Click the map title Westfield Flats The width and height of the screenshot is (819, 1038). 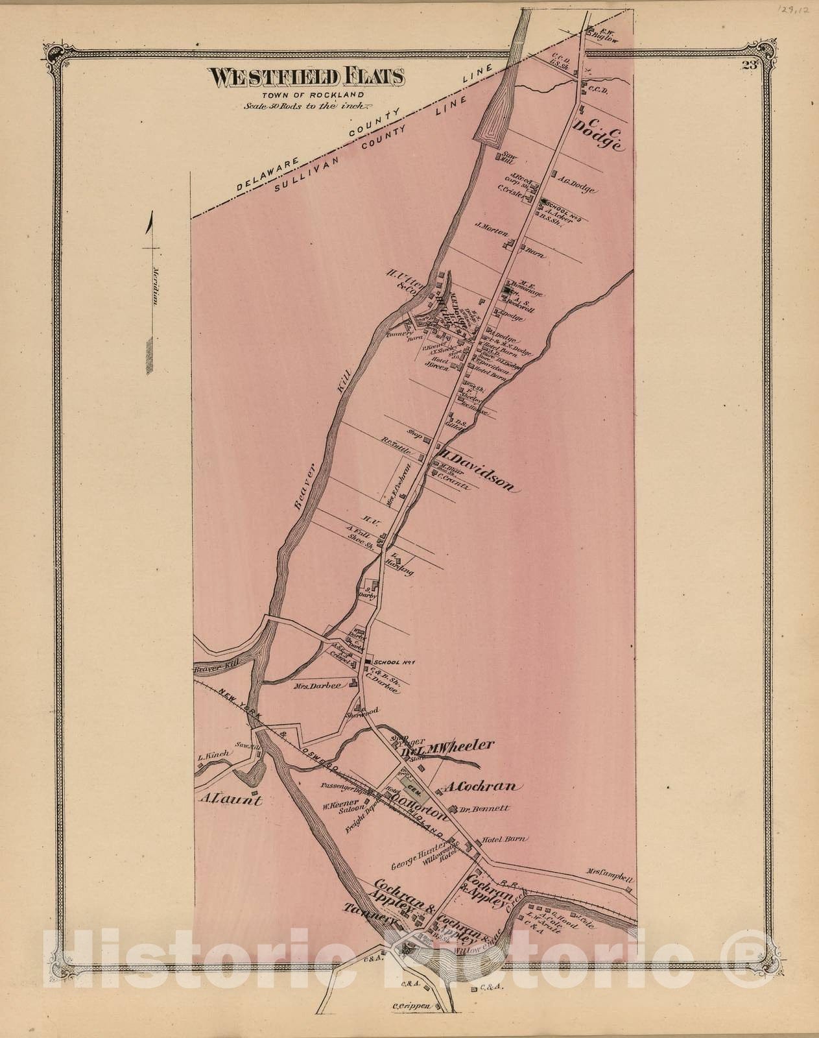tap(306, 77)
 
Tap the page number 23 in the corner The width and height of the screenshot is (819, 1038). tap(751, 64)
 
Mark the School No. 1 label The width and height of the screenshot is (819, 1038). tap(393, 662)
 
